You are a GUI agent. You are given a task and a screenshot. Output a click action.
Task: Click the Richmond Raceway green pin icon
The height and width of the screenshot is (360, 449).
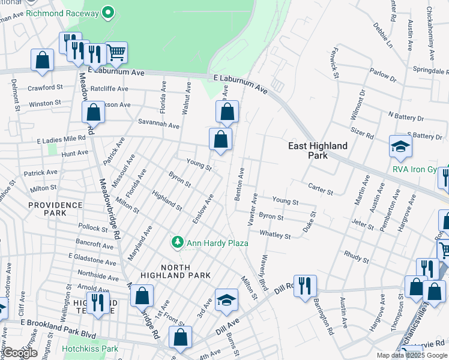point(108,11)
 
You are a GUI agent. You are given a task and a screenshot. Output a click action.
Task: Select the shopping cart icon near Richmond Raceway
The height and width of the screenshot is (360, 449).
point(116,53)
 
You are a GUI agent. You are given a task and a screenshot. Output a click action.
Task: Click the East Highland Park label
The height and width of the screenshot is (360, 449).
point(318,150)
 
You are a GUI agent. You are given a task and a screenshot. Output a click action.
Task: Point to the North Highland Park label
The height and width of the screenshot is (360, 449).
point(175,270)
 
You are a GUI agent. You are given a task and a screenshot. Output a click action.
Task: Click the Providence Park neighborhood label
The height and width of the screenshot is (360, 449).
point(55,209)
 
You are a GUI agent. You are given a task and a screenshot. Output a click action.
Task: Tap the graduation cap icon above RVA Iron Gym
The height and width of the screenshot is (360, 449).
point(400,146)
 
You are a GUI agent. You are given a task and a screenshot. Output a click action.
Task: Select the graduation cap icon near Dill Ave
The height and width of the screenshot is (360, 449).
point(226,300)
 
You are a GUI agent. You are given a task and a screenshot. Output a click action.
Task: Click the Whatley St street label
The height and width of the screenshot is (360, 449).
point(275,235)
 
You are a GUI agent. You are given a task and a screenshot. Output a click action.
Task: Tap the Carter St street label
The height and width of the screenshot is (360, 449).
point(321,190)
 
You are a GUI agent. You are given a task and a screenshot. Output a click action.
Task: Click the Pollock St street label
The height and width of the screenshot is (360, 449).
point(92,228)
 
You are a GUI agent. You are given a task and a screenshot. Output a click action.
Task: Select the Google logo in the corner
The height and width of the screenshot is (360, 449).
point(20,353)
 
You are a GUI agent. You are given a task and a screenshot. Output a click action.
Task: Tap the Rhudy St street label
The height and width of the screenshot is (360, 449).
point(357,256)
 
